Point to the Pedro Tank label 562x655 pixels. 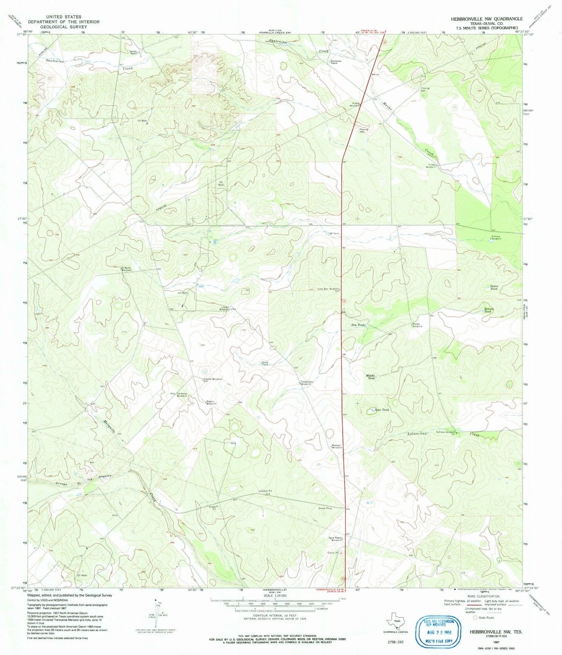(x=491, y=287)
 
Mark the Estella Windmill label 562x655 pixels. (x=213, y=379)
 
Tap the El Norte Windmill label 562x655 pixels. (x=126, y=269)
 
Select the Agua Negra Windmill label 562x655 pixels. (x=337, y=539)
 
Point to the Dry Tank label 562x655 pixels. (x=358, y=325)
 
